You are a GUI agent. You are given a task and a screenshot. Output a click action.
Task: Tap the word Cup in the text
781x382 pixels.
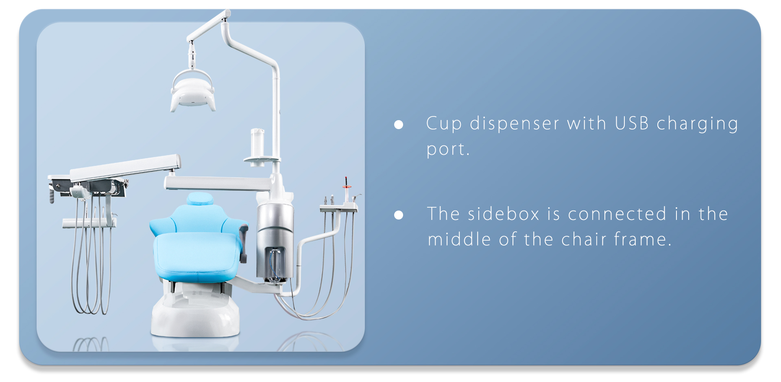click(444, 123)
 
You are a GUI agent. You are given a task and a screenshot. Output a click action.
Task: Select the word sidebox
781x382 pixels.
click(504, 214)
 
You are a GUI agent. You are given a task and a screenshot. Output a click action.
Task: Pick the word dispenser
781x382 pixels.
click(515, 123)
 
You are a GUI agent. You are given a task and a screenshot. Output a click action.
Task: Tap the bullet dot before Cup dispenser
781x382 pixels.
click(399, 125)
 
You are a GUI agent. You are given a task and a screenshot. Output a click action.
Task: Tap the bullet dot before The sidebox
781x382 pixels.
click(399, 215)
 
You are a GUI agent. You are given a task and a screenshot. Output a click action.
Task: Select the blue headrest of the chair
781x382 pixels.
click(200, 199)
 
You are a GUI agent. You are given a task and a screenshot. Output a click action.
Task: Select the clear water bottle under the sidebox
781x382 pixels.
click(275, 265)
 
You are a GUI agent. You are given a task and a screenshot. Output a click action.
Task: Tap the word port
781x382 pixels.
click(448, 149)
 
